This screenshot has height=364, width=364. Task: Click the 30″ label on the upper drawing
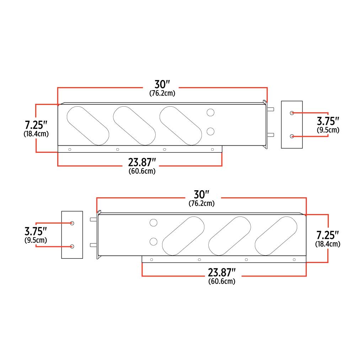(162, 85)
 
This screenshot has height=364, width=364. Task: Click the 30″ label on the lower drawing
(201, 195)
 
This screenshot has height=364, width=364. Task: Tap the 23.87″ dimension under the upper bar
(142, 162)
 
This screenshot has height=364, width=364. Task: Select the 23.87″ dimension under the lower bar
(222, 273)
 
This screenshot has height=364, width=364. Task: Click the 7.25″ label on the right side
(328, 235)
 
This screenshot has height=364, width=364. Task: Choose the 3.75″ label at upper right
(328, 122)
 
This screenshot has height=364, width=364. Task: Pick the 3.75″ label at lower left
(36, 231)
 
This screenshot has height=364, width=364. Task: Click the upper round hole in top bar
(210, 113)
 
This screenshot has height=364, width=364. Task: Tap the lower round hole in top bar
(210, 132)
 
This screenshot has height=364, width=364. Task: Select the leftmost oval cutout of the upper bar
(88, 125)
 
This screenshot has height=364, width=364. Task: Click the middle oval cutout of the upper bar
(134, 125)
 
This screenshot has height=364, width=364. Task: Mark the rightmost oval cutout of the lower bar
(276, 236)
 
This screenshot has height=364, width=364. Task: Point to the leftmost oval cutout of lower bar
(183, 236)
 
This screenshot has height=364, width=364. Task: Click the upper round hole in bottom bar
(154, 223)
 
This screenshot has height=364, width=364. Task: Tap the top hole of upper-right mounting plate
(291, 113)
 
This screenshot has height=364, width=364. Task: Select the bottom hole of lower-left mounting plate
(72, 246)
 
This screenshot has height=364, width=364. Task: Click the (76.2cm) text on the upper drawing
(162, 93)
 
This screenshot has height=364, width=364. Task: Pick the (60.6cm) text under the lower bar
(222, 282)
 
